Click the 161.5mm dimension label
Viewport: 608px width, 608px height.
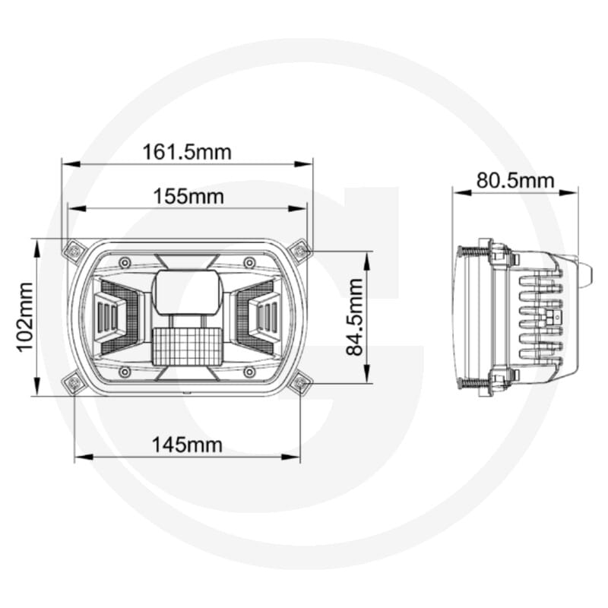[187, 151]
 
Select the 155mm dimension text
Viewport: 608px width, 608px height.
[188, 196]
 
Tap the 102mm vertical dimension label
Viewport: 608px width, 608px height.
[24, 316]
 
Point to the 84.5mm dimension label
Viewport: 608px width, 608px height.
[354, 317]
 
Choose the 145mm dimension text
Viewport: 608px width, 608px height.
[187, 445]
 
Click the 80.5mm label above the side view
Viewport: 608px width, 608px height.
[515, 180]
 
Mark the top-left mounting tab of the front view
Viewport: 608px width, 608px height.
[74, 249]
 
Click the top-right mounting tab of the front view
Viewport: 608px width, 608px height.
[300, 249]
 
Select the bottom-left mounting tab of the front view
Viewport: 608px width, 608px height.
[74, 384]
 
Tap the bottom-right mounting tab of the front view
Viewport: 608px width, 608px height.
[300, 384]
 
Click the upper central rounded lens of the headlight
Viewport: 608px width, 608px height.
[187, 291]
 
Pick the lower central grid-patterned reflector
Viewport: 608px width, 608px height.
[186, 346]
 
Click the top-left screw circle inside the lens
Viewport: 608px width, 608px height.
[124, 263]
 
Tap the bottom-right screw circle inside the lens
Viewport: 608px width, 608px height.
[249, 372]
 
